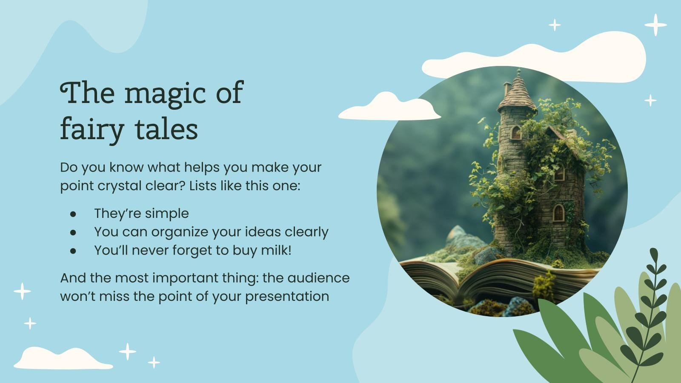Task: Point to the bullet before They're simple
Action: point(73,214)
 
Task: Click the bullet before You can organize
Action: point(73,232)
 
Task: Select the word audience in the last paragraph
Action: point(318,278)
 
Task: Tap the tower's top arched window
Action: point(516,133)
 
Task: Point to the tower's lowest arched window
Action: point(558,212)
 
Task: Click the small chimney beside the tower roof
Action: point(506,89)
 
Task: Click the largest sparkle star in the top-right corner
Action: point(655,25)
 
